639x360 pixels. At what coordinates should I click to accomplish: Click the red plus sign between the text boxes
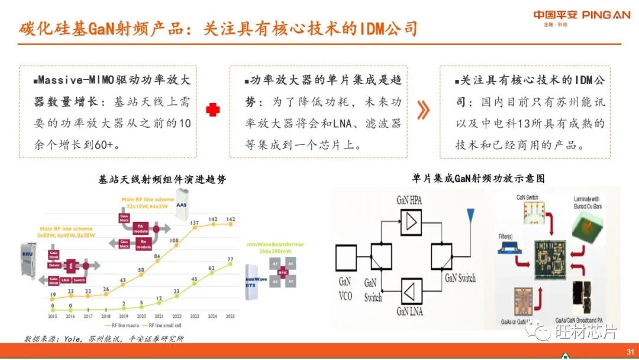213,110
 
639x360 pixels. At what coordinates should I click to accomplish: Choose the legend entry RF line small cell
164,325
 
